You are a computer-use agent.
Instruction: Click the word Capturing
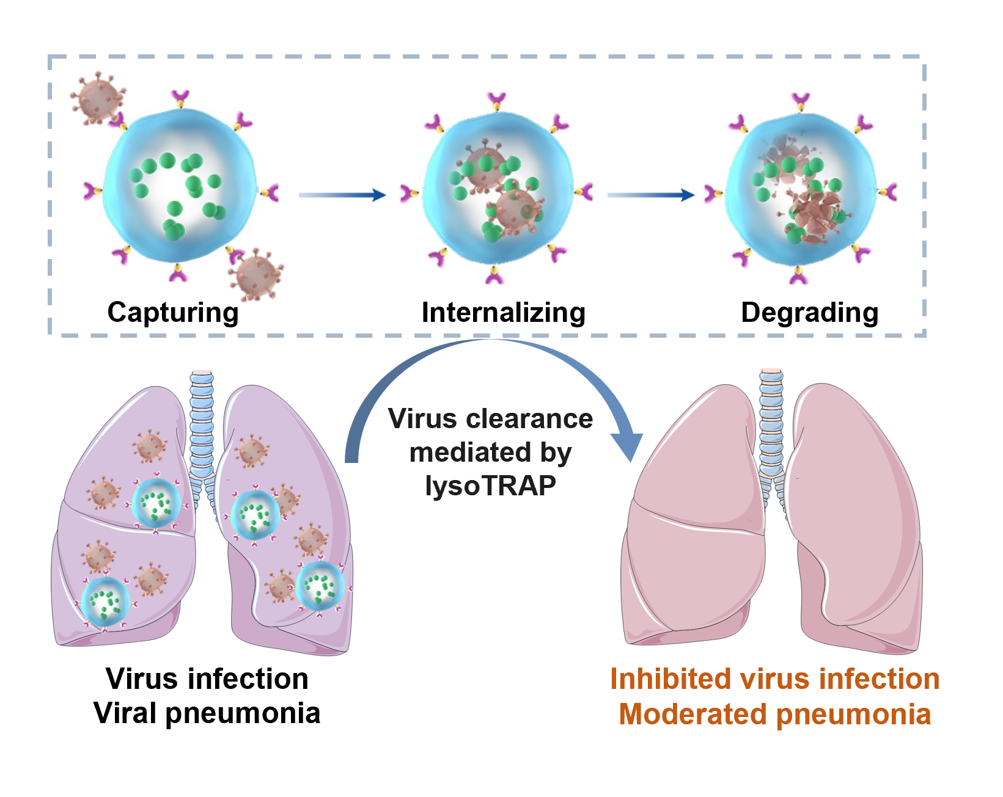pyautogui.click(x=173, y=313)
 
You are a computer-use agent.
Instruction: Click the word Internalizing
pyautogui.click(x=503, y=313)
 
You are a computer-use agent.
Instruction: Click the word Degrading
pyautogui.click(x=809, y=313)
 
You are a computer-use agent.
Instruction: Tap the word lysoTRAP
pyautogui.click(x=490, y=486)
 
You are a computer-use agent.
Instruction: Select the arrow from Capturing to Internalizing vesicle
pyautogui.click(x=342, y=195)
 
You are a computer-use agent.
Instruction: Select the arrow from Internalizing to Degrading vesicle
pyautogui.click(x=650, y=195)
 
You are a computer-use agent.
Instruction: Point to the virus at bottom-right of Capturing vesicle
pyautogui.click(x=257, y=274)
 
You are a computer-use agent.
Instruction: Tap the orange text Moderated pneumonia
pyautogui.click(x=774, y=715)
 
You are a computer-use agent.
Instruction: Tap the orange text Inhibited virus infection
pyautogui.click(x=774, y=679)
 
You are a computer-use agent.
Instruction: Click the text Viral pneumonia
pyautogui.click(x=207, y=713)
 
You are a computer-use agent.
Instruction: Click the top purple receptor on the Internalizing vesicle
pyautogui.click(x=496, y=100)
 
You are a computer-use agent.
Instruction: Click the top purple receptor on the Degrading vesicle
pyautogui.click(x=800, y=100)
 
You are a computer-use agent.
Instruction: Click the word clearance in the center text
pyautogui.click(x=529, y=419)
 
